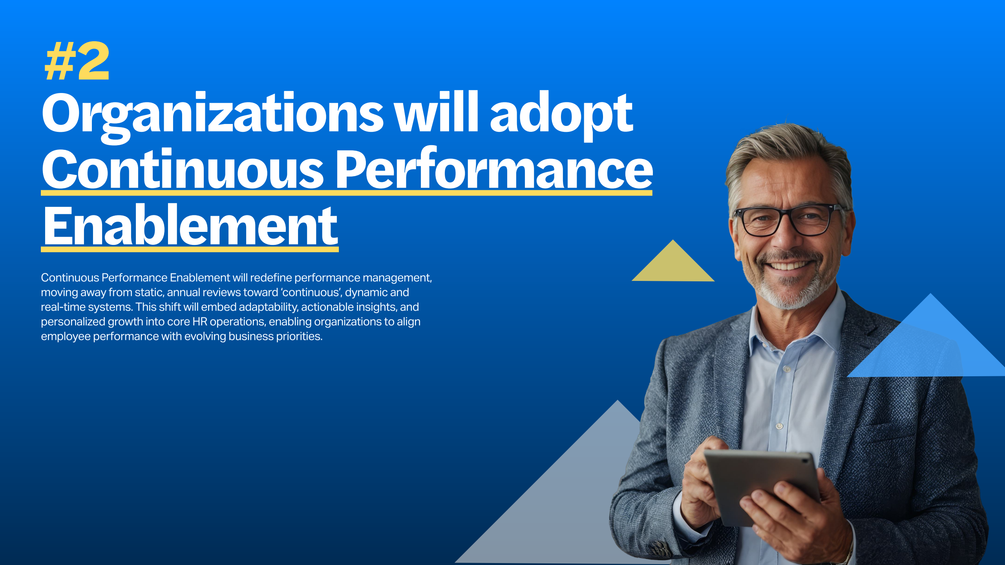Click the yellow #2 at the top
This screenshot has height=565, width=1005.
point(77,61)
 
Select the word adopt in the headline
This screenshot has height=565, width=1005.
point(561,116)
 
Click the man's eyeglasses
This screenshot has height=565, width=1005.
point(787,220)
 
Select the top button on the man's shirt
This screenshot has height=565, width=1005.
point(787,369)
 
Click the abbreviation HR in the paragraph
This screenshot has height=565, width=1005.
point(200,322)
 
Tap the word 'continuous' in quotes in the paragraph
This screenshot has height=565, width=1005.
point(311,292)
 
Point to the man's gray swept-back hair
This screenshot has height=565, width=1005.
point(789,153)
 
